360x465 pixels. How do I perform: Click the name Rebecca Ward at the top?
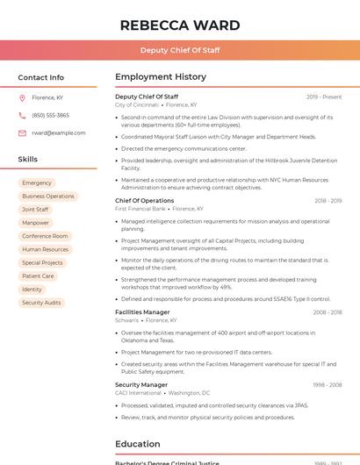(x=179, y=25)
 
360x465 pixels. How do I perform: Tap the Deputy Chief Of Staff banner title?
(x=179, y=50)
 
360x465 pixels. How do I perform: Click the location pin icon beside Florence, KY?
(x=22, y=97)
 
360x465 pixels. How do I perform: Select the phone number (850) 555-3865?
(x=50, y=115)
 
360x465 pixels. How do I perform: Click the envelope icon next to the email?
(x=22, y=132)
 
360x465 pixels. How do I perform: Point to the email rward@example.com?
(x=58, y=132)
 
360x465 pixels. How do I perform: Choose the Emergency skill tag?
(x=37, y=182)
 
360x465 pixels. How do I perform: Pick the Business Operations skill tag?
(x=48, y=196)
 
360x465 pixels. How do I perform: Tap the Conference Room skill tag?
(x=45, y=236)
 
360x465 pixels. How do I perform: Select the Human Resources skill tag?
(x=45, y=249)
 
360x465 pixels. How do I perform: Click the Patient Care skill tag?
(x=38, y=275)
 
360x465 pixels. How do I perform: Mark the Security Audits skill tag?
(x=41, y=302)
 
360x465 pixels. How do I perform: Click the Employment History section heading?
(x=161, y=77)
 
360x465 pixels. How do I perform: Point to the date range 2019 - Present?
(x=324, y=97)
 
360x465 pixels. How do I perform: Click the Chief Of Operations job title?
(x=144, y=201)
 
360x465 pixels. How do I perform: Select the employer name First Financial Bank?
(x=140, y=209)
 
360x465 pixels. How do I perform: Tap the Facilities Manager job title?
(x=142, y=312)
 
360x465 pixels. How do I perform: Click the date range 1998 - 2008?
(x=328, y=384)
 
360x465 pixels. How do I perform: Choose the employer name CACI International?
(x=138, y=393)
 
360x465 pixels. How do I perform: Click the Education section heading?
(x=139, y=444)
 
